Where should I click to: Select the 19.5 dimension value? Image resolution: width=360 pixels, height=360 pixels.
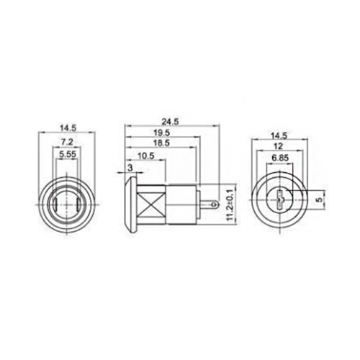tap(162, 132)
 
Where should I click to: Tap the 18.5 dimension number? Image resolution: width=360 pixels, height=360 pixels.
tap(161, 145)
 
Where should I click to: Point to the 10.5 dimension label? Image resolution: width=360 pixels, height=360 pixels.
tap(146, 158)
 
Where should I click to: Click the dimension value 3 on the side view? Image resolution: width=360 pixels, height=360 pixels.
tap(129, 168)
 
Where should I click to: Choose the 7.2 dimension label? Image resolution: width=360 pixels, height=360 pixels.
tap(66, 143)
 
